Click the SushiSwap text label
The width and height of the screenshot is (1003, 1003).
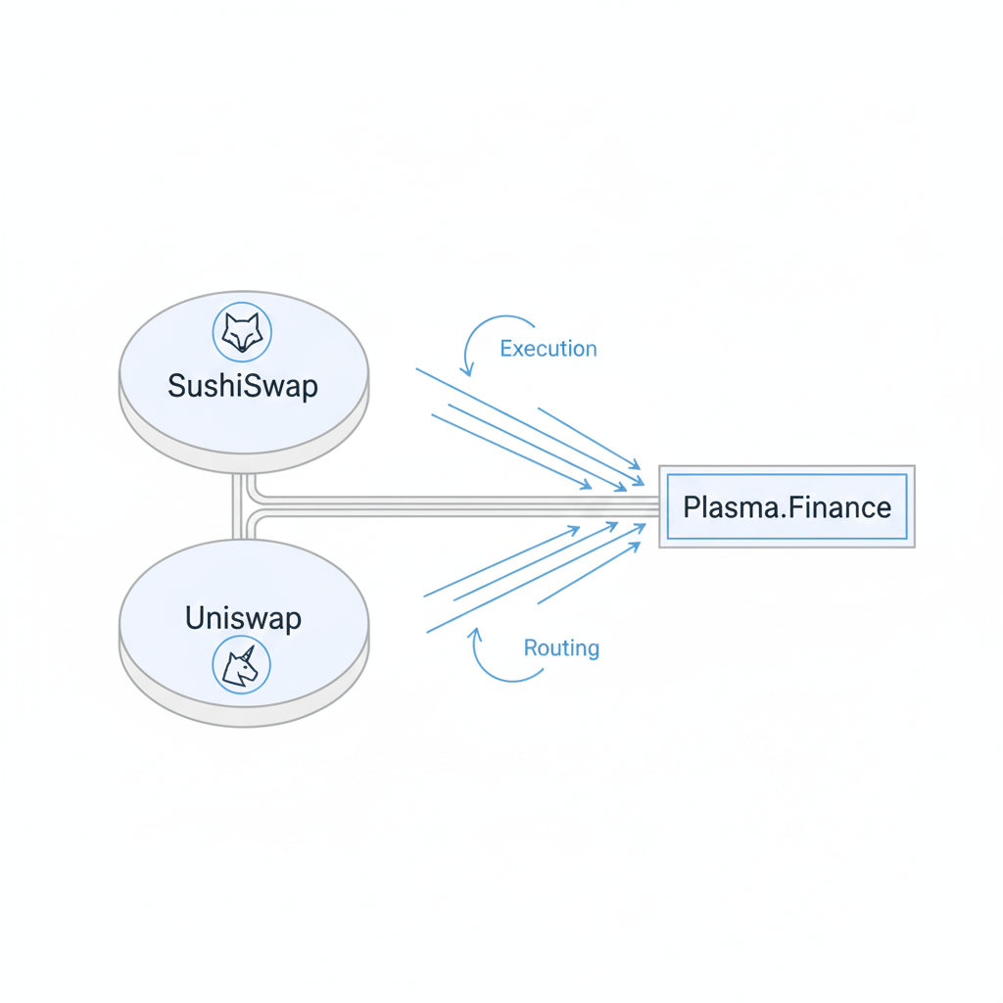243,385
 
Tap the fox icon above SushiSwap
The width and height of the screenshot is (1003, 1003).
242,333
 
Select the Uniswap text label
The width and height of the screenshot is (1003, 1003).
243,618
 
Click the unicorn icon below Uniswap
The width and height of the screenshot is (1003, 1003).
241,666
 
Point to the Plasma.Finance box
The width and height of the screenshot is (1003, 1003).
787,506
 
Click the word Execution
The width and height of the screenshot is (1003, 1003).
548,349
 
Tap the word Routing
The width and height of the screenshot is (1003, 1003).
561,647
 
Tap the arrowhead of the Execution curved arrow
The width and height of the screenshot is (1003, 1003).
469,372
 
